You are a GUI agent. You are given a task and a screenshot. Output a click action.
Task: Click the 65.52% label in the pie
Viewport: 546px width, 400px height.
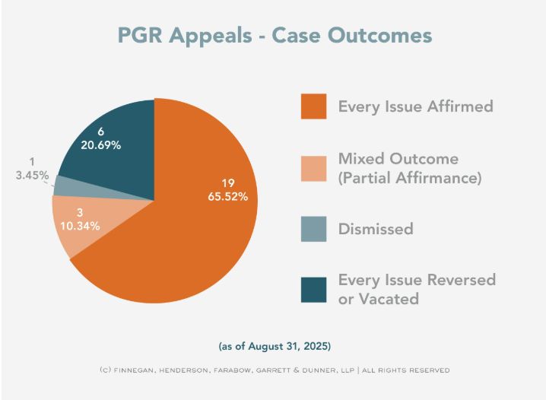click(227, 197)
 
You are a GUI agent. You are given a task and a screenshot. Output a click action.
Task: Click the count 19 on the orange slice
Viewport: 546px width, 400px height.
click(227, 183)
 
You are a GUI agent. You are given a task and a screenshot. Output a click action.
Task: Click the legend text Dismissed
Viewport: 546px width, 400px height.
click(376, 229)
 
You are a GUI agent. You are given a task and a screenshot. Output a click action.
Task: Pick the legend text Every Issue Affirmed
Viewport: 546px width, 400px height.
click(415, 106)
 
